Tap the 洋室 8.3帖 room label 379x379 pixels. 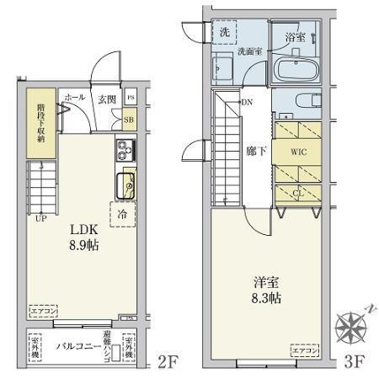pyautogui.click(x=264, y=291)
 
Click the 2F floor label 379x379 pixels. pyautogui.click(x=168, y=364)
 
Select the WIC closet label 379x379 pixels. pyautogui.click(x=298, y=153)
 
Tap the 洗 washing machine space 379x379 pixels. pyautogui.click(x=225, y=32)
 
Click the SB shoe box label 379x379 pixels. pyautogui.click(x=129, y=120)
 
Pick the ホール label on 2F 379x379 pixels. pyautogui.click(x=72, y=98)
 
